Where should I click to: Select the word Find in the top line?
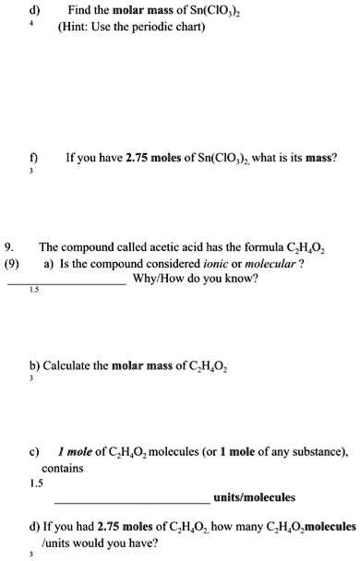coord(79,10)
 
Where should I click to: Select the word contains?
coord(63,468)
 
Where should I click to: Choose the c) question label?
coord(35,452)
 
